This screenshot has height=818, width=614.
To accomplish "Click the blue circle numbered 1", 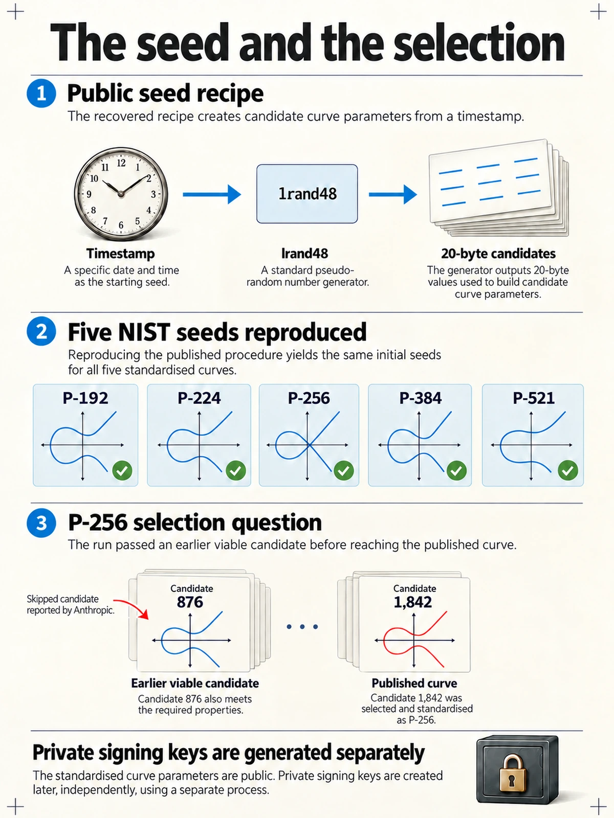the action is pos(41,93).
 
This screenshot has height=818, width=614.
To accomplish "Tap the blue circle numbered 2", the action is pos(41,331).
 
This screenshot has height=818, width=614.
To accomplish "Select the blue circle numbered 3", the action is pos(41,522).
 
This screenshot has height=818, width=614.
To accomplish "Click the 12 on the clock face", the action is pos(121,163).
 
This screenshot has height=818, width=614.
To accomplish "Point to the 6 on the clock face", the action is pos(121,225).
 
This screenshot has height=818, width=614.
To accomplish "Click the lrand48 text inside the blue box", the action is pos(308,194).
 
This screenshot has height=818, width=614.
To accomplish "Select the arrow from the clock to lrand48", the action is pos(212,194).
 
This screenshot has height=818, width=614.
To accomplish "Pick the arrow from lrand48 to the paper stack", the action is pos(393,194).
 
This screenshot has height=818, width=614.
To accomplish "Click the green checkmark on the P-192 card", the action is pos(122,470).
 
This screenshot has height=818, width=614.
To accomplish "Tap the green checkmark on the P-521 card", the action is pos(568,470).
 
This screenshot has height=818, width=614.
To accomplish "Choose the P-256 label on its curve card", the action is pos(309,398).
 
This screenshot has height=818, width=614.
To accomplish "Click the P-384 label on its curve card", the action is pos(420,398).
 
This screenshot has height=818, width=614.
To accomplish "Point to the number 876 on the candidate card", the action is pos(190,602).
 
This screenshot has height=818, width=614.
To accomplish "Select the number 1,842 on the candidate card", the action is pos(413,602).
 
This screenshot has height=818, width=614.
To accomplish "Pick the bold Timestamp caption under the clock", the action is pos(120,254).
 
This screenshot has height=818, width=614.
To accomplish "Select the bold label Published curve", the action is pos(414,683).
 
